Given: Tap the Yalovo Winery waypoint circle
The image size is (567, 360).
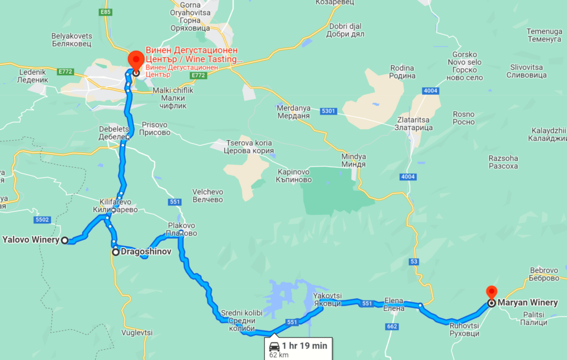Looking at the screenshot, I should pyautogui.click(x=65, y=240).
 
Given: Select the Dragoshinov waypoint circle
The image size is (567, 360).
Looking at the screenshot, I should pyautogui.click(x=116, y=252).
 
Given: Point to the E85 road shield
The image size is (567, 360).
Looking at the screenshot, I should pyautogui.click(x=105, y=11).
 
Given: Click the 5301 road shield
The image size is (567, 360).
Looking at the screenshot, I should pyautogui.click(x=328, y=111).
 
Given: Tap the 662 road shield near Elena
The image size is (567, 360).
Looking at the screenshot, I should pyautogui.click(x=391, y=327).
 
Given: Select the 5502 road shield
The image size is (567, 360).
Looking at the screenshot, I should pyautogui.click(x=43, y=219).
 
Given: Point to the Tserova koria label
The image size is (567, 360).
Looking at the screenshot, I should pyautogui.click(x=249, y=147).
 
